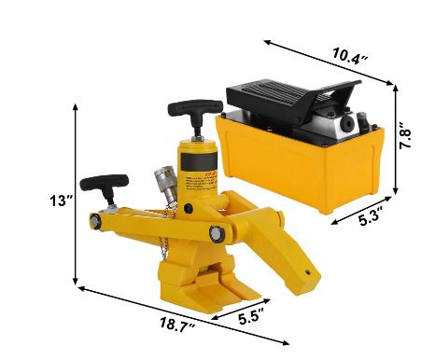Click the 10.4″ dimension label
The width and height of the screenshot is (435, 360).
coord(350,55)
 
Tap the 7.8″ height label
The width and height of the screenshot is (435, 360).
coord(405,135)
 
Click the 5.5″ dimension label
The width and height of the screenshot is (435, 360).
coord(251,316)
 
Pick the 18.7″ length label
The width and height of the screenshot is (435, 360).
coord(177,325)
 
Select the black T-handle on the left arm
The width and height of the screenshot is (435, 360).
coord(105,187)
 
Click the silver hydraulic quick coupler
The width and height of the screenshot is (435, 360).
coord(167,184)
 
